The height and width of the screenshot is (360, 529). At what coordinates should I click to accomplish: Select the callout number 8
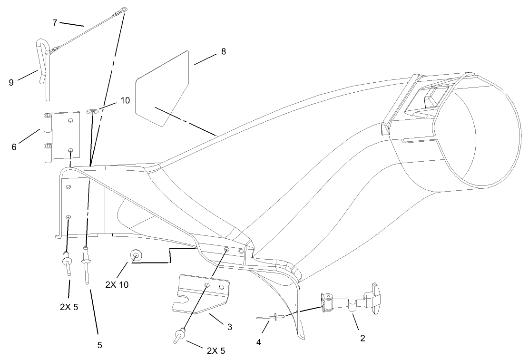coord(224,52)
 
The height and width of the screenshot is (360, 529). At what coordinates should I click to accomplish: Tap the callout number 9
coord(11,82)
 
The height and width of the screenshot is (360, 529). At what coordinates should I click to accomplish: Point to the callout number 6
coord(14,147)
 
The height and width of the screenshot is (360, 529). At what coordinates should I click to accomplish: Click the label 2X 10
coord(117,285)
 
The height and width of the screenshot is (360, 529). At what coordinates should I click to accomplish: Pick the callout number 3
coord(230,327)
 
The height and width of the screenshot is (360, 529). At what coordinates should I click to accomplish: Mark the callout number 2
coord(362,338)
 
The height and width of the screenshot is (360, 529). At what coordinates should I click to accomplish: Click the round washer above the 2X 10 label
coord(135,256)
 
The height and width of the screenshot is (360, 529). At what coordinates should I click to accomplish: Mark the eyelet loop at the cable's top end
coord(124,10)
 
